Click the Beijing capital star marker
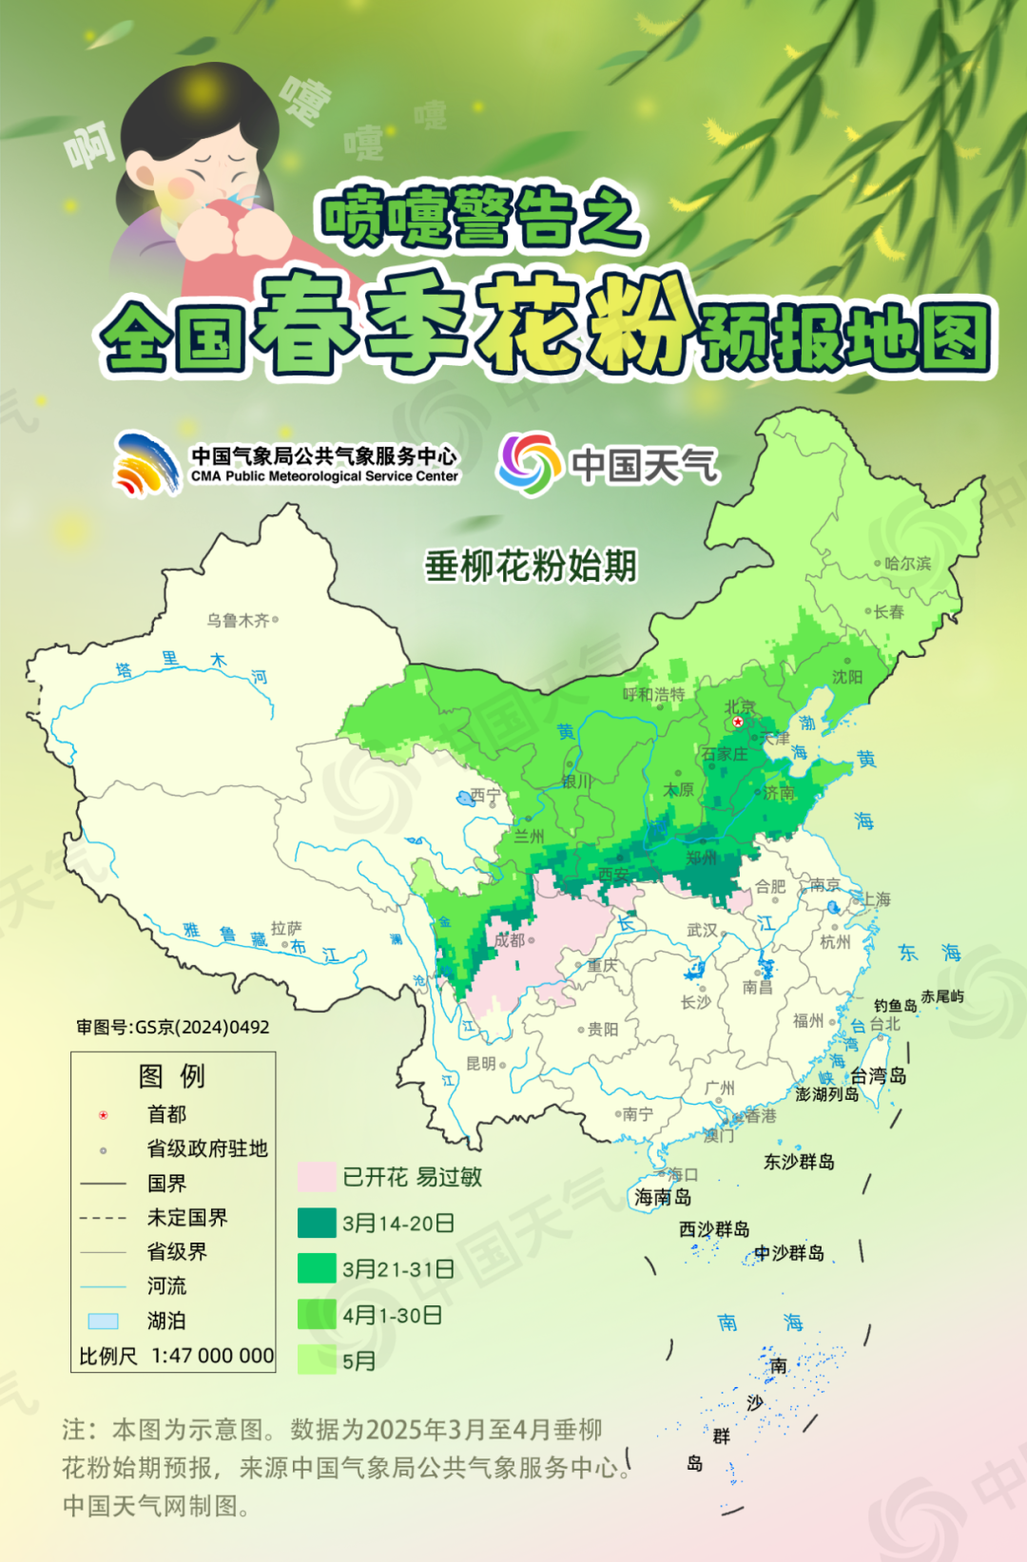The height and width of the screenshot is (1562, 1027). pos(738,722)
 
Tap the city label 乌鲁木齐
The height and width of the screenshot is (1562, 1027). pos(238,621)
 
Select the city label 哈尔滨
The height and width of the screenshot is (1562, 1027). pos(907,563)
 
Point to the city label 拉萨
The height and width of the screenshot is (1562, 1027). pos(286,928)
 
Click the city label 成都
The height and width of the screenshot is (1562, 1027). pos(509,939)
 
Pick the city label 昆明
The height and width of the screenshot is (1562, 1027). pos(481,1063)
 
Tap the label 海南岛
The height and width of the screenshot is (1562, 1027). pos(663,1197)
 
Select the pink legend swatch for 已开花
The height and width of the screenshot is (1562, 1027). pos(317,1176)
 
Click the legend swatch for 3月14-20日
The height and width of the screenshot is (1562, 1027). pos(317,1223)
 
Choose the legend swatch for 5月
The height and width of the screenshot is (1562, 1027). pos(317,1360)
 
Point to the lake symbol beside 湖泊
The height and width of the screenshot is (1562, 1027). pos(103,1321)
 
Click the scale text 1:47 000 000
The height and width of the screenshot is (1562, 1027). pos(213,1356)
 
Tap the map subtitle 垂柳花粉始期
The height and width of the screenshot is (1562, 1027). pos(531,566)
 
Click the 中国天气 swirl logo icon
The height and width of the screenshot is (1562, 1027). pos(529,464)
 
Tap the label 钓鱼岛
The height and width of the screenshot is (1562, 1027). pos(895,1005)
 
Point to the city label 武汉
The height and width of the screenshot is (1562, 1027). pos(702,929)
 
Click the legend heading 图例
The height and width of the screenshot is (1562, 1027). pos(171,1075)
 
